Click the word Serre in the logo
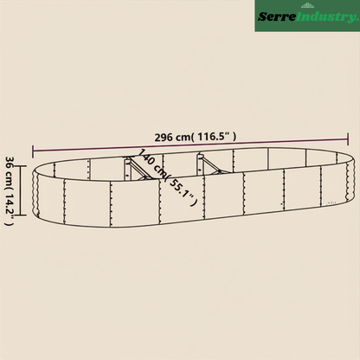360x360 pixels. pyautogui.click(x=277, y=16)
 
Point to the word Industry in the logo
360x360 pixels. pyautogui.click(x=327, y=17)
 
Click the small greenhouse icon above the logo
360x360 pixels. pyautogui.click(x=306, y=5)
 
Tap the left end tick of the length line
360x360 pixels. pyautogui.click(x=33, y=151)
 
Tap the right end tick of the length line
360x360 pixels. pyautogui.click(x=348, y=139)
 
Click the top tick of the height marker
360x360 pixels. pyautogui.click(x=21, y=166)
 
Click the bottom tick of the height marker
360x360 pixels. pyautogui.click(x=21, y=215)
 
